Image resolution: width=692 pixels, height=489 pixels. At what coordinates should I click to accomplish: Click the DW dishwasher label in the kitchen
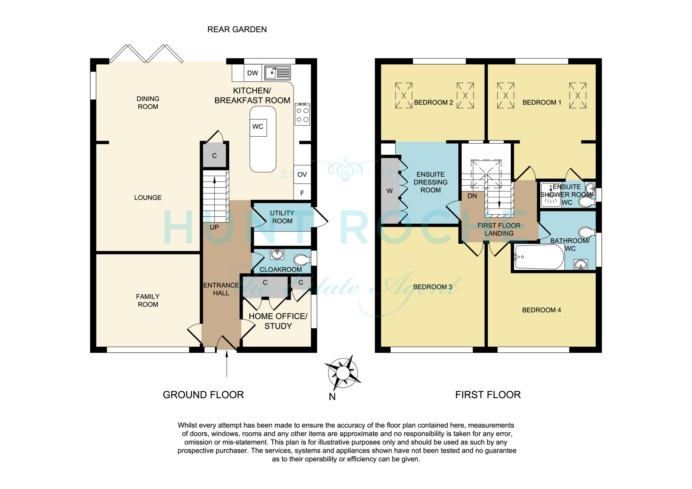[252, 73]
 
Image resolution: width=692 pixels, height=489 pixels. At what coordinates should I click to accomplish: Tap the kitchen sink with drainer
[278, 73]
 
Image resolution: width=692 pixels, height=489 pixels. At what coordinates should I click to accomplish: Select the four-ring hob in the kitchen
[302, 114]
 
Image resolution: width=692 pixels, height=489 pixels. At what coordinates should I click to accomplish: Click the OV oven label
[302, 175]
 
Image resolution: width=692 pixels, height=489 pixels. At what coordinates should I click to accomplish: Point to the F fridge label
[302, 193]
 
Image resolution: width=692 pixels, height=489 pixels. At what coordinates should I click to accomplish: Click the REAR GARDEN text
[237, 29]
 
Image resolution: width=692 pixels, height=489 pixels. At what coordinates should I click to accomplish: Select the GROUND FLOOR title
[203, 395]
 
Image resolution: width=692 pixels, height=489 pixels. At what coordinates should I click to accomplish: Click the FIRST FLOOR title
[488, 395]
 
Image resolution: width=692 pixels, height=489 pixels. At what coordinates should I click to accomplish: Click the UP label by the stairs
[214, 227]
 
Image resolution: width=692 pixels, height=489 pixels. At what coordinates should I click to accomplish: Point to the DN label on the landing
[472, 196]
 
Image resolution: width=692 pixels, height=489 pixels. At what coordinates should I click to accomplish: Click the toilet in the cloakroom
[302, 259]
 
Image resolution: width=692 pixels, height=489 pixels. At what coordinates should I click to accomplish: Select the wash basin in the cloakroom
[277, 254]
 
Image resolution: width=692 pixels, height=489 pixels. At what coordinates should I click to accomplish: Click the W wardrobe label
[390, 191]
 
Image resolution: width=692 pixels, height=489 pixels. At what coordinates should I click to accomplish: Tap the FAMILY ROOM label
[148, 300]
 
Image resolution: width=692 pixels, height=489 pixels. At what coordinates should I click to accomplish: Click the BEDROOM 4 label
[541, 310]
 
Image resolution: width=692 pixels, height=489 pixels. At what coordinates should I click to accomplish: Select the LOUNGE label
[148, 198]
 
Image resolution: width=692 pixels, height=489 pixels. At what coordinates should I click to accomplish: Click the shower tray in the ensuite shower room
[551, 195]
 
